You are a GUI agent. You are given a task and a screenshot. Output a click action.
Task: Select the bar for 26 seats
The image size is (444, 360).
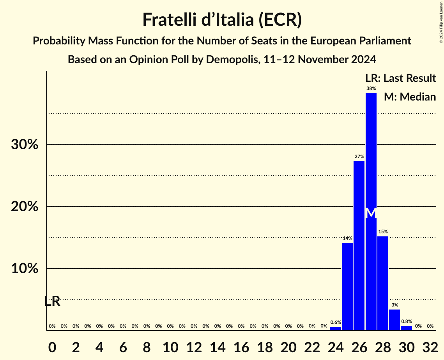click(x=359, y=245)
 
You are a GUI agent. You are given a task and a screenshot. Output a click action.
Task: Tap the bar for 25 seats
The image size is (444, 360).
click(x=347, y=286)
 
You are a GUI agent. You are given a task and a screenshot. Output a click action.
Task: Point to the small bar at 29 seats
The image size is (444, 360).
click(x=394, y=320)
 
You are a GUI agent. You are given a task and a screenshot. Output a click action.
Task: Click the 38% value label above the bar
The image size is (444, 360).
click(x=371, y=88)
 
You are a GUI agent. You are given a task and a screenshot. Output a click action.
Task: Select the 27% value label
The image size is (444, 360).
click(x=359, y=156)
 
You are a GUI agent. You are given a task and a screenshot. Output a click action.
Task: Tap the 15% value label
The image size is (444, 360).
click(x=383, y=231)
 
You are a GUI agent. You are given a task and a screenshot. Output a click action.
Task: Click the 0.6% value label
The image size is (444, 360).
click(x=336, y=322)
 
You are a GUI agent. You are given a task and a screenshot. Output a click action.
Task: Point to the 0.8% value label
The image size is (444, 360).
click(x=406, y=321)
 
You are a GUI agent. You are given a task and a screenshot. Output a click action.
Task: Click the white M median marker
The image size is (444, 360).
click(x=371, y=213)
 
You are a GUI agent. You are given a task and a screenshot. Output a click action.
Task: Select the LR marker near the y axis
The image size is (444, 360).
click(x=52, y=301)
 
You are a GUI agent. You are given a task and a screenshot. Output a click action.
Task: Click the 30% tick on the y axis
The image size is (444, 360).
click(x=24, y=145)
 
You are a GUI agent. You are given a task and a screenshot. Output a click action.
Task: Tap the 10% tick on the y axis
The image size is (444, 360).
click(x=24, y=269)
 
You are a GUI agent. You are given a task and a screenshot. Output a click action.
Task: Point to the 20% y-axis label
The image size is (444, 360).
click(x=24, y=206)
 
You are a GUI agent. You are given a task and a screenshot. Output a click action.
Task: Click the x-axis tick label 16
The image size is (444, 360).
click(x=241, y=346)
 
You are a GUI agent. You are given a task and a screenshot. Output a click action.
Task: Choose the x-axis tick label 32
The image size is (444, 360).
click(x=430, y=346)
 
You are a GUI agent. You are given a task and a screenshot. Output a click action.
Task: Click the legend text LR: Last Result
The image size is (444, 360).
click(x=400, y=78)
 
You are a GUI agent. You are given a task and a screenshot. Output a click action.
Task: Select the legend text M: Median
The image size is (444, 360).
click(x=410, y=97)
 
